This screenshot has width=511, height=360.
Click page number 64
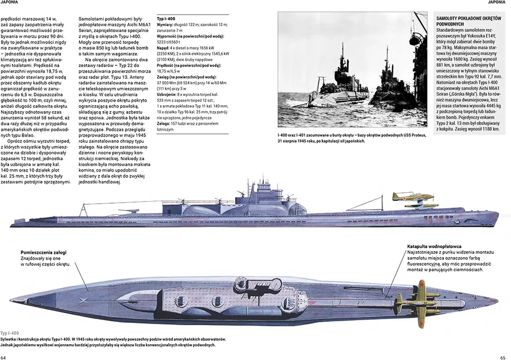tap(3, 357)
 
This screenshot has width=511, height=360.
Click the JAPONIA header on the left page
tap(9, 2)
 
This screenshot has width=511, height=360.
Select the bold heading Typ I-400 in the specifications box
tap(166, 19)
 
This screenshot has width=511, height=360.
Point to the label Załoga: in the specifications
tap(163, 124)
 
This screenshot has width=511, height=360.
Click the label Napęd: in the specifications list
tap(163, 48)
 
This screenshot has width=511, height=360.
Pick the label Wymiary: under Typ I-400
tap(164, 25)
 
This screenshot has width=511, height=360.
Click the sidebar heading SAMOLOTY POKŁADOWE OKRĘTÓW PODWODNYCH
tap(469, 21)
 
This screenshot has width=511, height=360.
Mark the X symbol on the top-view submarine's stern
tap(83, 300)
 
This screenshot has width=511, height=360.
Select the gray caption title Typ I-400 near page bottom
tap(9, 333)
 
